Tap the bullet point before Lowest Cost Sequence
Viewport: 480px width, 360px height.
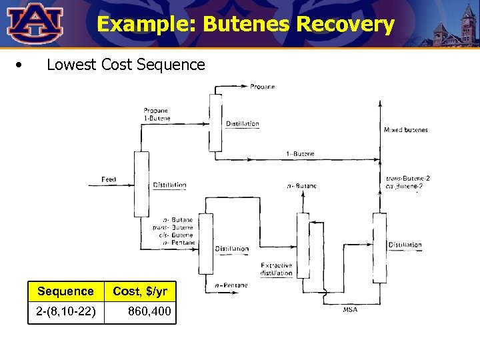(x=22, y=65)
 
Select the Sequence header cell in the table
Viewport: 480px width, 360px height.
(x=65, y=291)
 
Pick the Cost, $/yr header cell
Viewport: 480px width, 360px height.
(x=140, y=291)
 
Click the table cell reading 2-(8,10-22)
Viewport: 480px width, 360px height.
(x=65, y=311)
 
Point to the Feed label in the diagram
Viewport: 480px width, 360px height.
(x=109, y=179)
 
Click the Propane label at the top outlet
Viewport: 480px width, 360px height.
(x=263, y=87)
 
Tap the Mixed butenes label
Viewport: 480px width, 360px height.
(x=405, y=130)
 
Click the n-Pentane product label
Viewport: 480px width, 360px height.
(x=231, y=285)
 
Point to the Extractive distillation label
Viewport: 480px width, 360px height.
(x=276, y=269)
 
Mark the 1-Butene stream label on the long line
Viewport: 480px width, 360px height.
(x=300, y=154)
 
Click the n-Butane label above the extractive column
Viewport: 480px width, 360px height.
(x=302, y=186)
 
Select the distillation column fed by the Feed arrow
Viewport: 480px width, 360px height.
(x=141, y=183)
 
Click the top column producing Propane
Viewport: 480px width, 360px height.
(x=215, y=123)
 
